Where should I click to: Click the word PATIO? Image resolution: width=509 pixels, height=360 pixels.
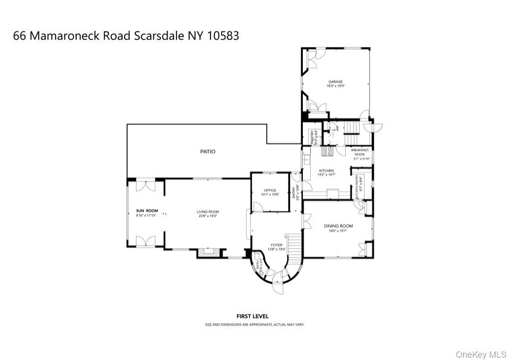(208, 151)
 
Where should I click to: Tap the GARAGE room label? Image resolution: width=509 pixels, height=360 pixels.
(336, 82)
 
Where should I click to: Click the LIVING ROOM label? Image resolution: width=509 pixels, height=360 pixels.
(207, 211)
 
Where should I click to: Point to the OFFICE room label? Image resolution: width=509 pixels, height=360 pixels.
(270, 191)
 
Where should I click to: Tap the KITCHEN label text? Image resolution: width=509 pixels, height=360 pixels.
(326, 171)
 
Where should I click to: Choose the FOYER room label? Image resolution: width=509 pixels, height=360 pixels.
(276, 245)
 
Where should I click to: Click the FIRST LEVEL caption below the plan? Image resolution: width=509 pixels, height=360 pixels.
(253, 316)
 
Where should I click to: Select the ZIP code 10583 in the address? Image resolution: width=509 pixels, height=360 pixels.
(222, 36)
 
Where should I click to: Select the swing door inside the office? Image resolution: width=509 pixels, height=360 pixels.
(256, 206)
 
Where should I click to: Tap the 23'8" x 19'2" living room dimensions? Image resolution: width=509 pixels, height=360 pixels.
(207, 215)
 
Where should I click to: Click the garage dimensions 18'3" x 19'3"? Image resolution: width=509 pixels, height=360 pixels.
(336, 86)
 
